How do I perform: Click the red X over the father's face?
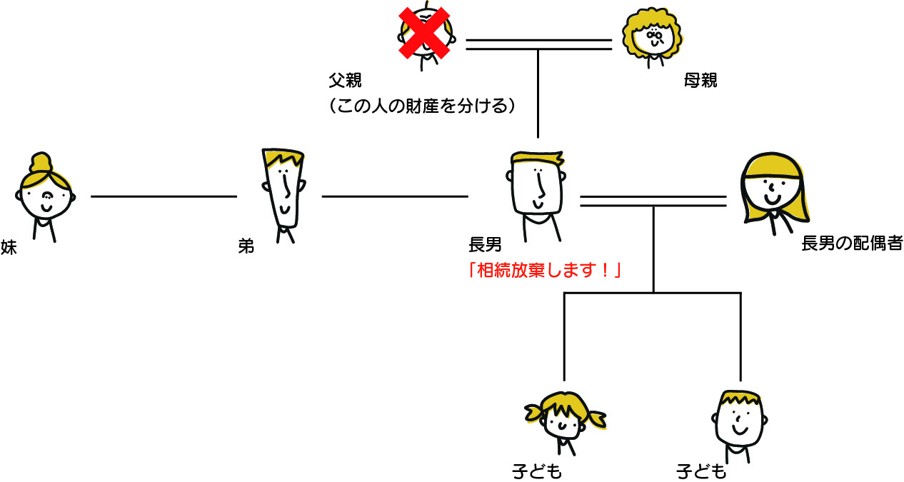pos(424,33)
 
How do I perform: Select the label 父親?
pos(345,79)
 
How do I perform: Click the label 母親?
pos(699,81)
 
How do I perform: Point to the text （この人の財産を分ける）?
pos(422,106)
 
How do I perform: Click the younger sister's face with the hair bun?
pos(45,196)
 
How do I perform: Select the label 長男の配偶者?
pos(852,244)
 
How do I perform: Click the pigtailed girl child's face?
pos(564,421)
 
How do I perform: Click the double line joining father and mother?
pos(538,44)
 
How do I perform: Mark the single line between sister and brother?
pos(164,196)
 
